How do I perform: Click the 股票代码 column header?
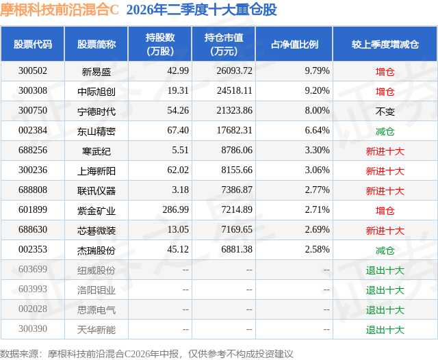tap(33, 44)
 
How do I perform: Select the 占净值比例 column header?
tap(294, 44)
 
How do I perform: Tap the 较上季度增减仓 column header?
tap(385, 44)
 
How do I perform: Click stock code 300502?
tap(33, 71)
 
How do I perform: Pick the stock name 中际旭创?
tap(96, 91)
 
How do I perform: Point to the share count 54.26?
tap(178, 111)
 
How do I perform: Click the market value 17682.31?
tap(235, 131)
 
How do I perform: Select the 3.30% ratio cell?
tap(317, 151)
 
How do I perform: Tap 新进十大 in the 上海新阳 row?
tap(385, 171)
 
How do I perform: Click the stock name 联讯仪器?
tap(96, 191)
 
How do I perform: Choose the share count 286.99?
tap(176, 209)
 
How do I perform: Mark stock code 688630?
tap(33, 229)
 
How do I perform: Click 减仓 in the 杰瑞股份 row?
tap(385, 250)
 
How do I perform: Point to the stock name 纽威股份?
tap(96, 270)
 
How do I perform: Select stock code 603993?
tap(33, 289)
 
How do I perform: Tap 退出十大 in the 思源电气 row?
tap(385, 310)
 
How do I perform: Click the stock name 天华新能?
tap(96, 330)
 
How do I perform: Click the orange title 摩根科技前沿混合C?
tap(60, 10)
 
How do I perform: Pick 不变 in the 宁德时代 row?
tap(385, 112)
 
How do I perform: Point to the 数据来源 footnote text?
tap(146, 354)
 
